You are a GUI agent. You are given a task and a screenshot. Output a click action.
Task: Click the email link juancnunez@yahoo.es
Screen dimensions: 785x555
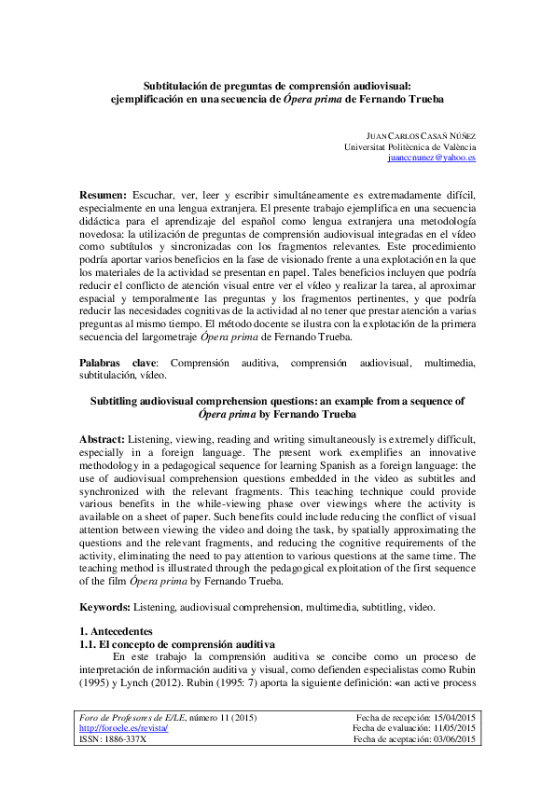432,158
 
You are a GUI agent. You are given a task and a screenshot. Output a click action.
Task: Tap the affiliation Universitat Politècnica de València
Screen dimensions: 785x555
410,147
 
